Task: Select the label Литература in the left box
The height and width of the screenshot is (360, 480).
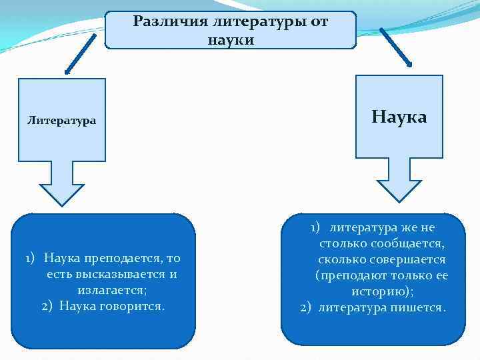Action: [x=61, y=121]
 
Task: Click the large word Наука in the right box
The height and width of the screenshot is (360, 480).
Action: [x=399, y=117]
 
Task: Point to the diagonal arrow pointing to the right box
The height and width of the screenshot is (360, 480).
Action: [x=396, y=47]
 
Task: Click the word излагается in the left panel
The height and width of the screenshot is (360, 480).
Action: [x=111, y=290]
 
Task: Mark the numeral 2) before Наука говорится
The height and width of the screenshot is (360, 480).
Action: [x=47, y=306]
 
